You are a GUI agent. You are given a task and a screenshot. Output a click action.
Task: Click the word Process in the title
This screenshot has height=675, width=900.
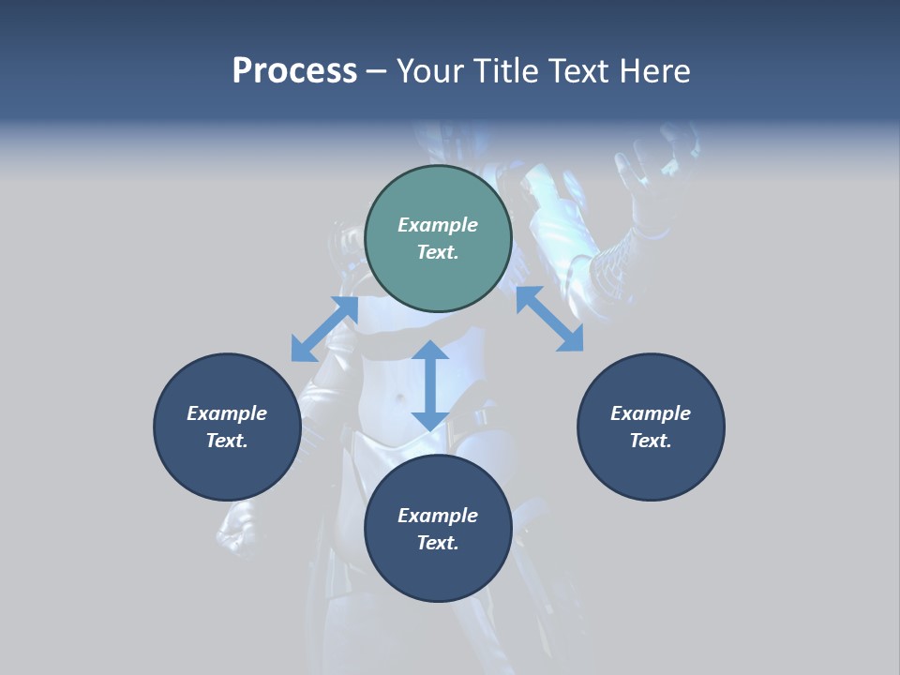coord(294,71)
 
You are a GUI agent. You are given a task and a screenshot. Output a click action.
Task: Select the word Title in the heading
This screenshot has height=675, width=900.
coord(511,71)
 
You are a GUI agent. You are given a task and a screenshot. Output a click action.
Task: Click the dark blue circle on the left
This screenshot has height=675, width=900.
coord(227,427)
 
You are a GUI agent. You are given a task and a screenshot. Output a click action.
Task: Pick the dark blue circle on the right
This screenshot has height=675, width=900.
coord(651,427)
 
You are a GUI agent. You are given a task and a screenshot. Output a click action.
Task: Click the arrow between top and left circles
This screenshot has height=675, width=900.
coord(324,329)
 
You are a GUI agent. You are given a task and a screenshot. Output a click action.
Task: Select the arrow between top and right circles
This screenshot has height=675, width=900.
coord(549,319)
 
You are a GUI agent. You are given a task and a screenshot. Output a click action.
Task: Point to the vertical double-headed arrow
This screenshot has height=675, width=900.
coord(430,385)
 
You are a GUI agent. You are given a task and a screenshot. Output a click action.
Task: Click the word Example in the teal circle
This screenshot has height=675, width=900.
coord(438,225)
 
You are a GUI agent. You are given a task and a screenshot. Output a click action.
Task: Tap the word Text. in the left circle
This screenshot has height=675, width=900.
coord(227,441)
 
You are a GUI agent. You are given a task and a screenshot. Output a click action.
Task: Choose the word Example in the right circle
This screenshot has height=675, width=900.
coord(651,413)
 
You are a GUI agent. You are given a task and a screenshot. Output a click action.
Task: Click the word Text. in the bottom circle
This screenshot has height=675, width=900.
coord(438,543)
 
